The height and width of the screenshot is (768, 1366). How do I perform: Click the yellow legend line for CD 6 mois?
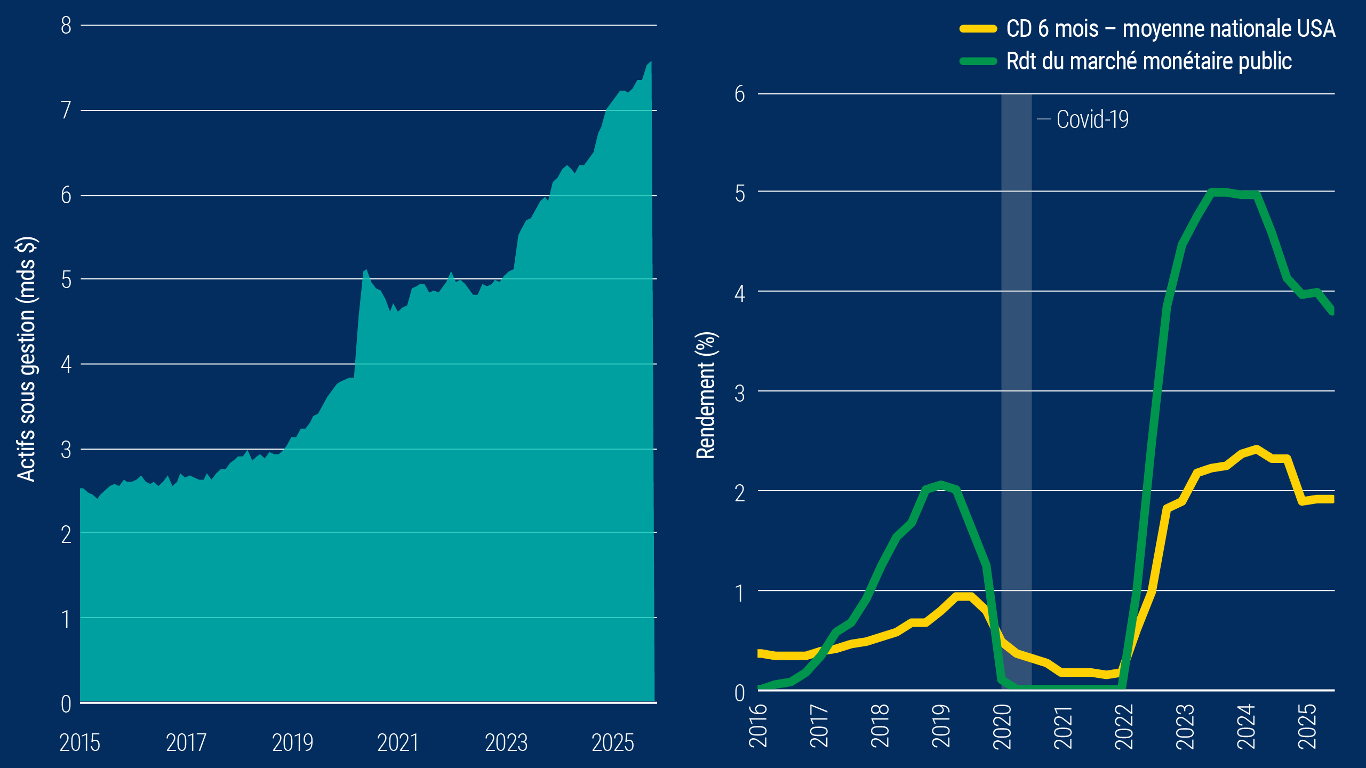click(x=978, y=29)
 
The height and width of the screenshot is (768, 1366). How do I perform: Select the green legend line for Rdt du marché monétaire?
click(x=978, y=61)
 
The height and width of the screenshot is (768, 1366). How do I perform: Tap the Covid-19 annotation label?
click(x=1092, y=119)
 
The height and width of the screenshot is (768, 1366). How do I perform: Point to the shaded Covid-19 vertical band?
click(x=1016, y=373)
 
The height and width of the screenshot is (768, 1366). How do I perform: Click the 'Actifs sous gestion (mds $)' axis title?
click(x=26, y=359)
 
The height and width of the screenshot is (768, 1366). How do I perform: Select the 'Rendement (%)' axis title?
click(x=706, y=395)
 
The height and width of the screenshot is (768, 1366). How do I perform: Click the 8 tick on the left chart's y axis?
click(x=66, y=26)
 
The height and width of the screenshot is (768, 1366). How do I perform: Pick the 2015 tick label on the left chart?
click(x=79, y=742)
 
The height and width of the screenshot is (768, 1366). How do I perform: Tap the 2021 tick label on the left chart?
click(x=398, y=742)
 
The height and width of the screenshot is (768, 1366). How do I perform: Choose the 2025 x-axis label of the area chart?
click(x=613, y=742)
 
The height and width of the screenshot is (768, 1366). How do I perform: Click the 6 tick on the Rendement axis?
click(x=739, y=94)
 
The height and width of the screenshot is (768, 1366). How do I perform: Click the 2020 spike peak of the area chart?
click(x=366, y=270)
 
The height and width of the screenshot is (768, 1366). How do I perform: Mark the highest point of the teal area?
click(x=650, y=62)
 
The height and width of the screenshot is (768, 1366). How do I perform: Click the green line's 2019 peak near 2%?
click(x=941, y=484)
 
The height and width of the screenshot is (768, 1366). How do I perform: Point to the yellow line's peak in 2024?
click(x=1257, y=449)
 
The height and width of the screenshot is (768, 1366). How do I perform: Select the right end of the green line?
click(x=1332, y=311)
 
